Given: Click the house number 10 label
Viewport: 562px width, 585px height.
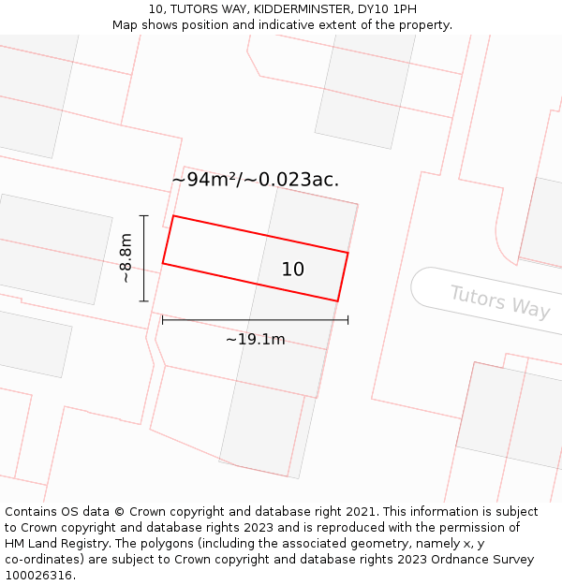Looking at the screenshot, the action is [x=293, y=270].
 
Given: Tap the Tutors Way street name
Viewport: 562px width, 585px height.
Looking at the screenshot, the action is [x=499, y=301].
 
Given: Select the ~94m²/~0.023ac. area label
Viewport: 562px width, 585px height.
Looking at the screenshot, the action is [x=255, y=180].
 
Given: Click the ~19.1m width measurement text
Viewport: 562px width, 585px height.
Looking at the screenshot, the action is [x=255, y=340].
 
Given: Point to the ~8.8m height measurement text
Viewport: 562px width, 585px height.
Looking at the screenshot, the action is [x=126, y=258].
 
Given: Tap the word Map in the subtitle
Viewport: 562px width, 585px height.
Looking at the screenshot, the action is [x=126, y=25].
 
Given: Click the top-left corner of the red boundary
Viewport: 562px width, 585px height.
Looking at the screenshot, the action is [x=173, y=216].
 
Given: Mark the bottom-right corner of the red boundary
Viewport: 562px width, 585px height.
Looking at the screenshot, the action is [x=337, y=301].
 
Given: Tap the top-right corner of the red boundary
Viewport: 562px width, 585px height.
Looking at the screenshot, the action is [x=348, y=253].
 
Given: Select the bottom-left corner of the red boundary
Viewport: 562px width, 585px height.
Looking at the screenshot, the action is [x=163, y=263].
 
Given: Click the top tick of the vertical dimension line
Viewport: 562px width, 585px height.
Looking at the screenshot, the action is [x=143, y=216].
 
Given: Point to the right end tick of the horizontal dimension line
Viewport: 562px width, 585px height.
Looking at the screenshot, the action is [x=348, y=320].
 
